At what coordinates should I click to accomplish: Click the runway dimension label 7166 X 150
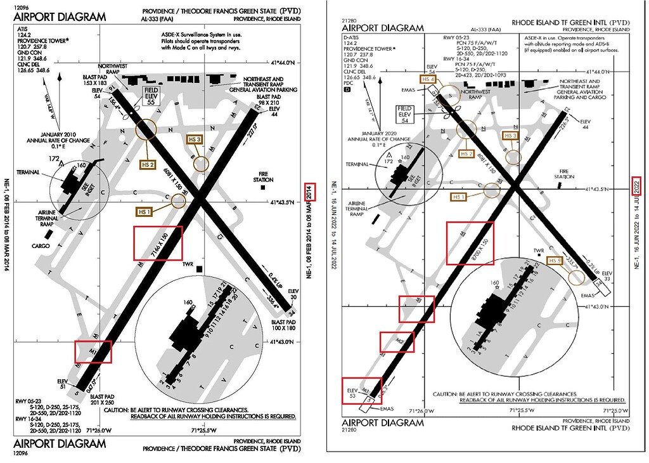pyautogui.click(x=158, y=244)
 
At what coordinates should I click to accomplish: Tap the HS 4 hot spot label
pyautogui.click(x=428, y=79)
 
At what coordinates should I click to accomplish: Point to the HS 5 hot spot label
pyautogui.click(x=555, y=261)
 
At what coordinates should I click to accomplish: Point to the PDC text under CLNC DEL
pyautogui.click(x=347, y=82)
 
